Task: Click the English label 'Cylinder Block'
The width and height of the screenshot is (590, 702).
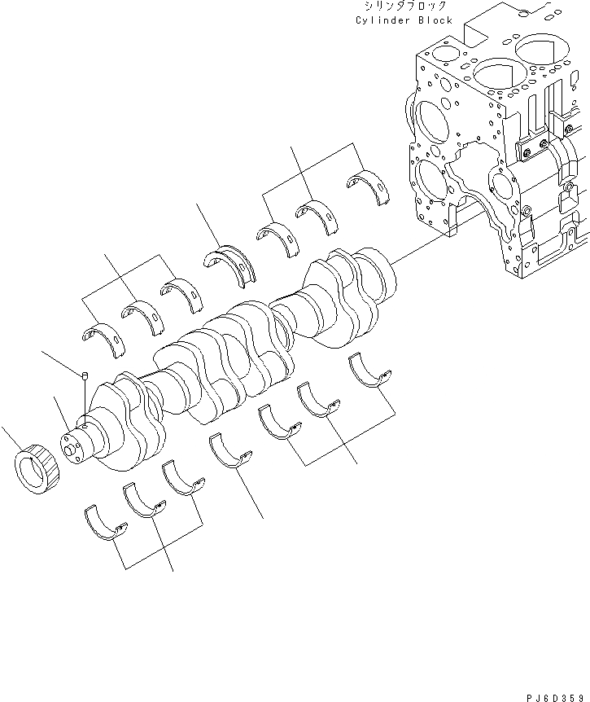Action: pyautogui.click(x=404, y=20)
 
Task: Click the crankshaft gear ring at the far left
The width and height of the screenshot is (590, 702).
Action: pyautogui.click(x=36, y=472)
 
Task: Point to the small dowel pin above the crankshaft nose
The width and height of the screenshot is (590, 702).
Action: pyautogui.click(x=85, y=375)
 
